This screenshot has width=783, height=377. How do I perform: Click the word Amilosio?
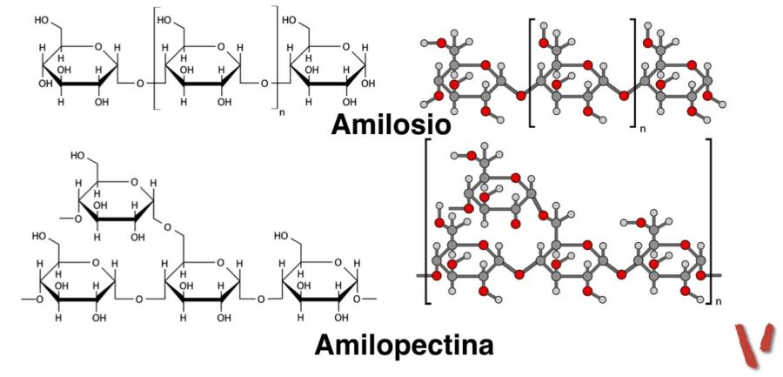click(x=391, y=125)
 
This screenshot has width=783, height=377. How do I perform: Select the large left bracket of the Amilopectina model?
click(x=427, y=221)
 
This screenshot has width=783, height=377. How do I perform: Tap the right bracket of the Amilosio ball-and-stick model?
click(x=633, y=70)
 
